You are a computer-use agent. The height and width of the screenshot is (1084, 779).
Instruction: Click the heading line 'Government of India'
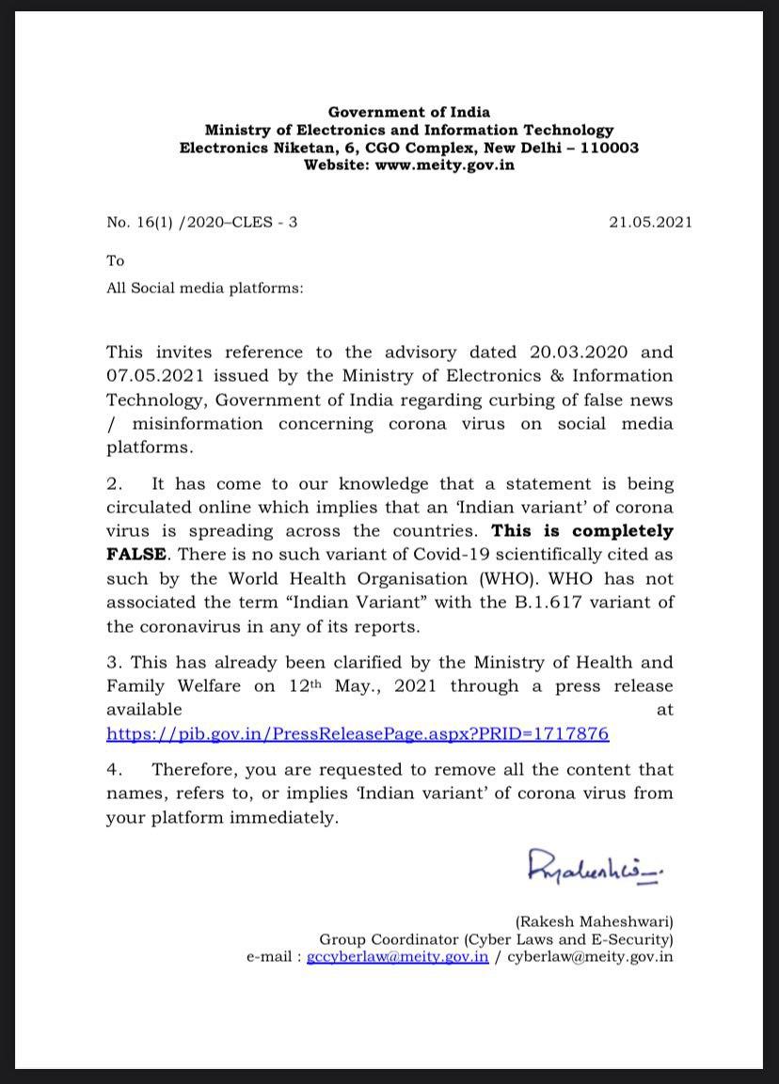[x=409, y=113]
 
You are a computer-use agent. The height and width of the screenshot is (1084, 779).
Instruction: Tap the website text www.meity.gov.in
[x=444, y=165]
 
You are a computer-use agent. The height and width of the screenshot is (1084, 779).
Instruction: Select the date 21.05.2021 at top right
[x=650, y=223]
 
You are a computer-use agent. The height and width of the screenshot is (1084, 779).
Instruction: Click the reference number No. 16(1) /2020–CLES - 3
[x=202, y=223]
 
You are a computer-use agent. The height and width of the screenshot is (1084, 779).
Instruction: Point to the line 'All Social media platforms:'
[x=204, y=288]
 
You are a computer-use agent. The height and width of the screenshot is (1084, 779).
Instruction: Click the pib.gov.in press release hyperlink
[x=358, y=733]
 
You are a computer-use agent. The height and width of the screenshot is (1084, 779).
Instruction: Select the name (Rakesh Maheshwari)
[x=594, y=922]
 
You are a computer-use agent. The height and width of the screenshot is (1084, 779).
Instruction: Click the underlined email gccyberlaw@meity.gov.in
[x=398, y=957]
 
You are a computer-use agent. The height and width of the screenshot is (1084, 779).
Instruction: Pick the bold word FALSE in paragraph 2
[x=136, y=555]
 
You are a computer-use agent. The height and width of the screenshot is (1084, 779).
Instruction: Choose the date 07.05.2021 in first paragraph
[x=152, y=376]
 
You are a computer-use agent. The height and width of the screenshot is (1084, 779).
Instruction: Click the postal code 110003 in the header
[x=607, y=148]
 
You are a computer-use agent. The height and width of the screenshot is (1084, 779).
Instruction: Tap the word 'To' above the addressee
[x=115, y=260]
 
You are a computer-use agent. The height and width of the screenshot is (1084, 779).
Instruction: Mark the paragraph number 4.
[x=114, y=770]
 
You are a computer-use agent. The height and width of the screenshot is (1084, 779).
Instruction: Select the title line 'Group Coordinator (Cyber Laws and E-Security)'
[x=496, y=939]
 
